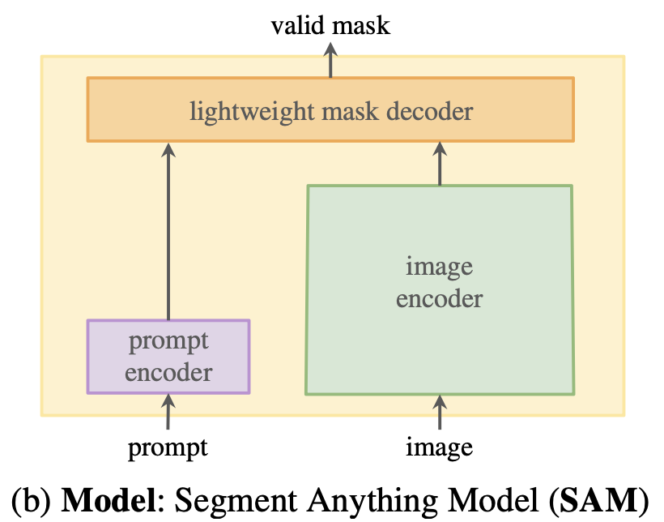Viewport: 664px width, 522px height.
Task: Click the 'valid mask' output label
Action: click(x=330, y=26)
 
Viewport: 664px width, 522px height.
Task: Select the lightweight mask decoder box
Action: click(x=330, y=109)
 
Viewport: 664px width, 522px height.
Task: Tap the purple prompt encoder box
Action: click(x=168, y=357)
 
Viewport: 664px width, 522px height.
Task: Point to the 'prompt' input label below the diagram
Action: click(x=168, y=447)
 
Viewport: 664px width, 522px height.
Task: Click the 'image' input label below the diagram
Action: click(x=440, y=447)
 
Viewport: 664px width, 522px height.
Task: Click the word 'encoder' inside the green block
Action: click(x=439, y=298)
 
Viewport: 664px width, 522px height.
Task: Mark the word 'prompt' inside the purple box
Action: click(x=168, y=341)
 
